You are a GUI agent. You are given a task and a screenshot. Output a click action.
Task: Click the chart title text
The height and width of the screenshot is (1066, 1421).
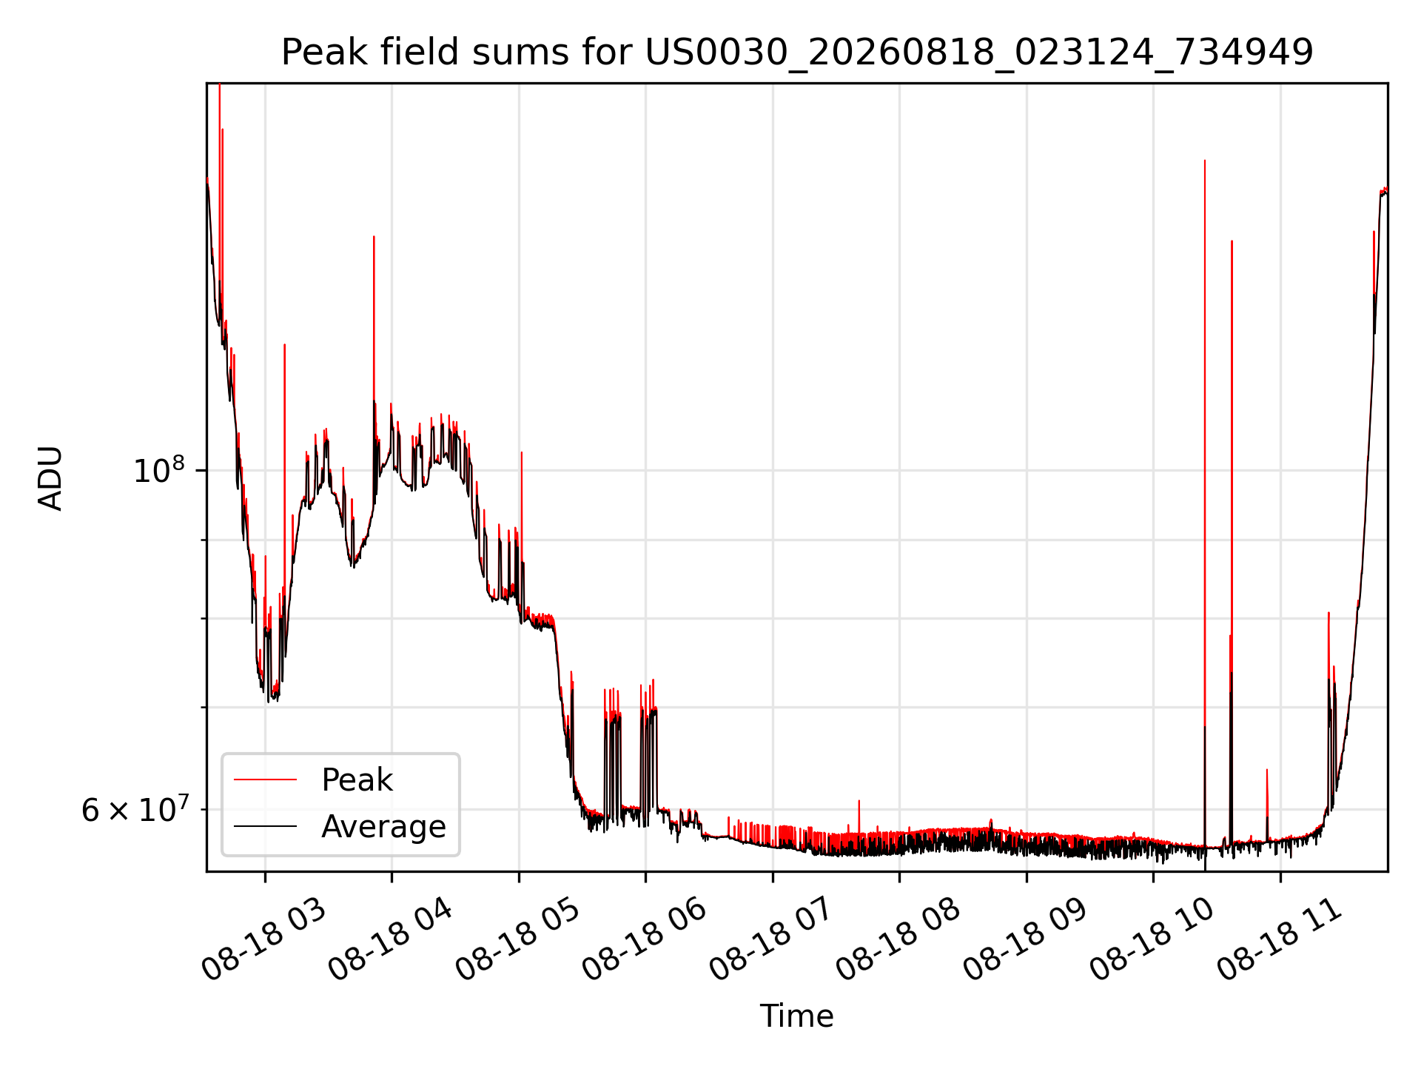click(797, 53)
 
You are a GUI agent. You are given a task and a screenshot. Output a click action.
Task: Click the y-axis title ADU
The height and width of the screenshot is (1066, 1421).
click(50, 477)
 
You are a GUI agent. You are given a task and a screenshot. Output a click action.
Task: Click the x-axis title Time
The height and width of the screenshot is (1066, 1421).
click(797, 1016)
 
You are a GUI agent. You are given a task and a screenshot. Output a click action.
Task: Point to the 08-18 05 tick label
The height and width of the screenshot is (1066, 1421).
click(517, 939)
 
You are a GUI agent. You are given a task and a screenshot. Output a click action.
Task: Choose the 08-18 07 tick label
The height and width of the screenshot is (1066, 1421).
click(770, 939)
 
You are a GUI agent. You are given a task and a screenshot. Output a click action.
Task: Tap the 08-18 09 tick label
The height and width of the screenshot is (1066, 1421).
click(1024, 939)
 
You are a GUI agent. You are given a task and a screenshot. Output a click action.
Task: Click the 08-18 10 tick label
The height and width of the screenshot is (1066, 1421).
click(1151, 939)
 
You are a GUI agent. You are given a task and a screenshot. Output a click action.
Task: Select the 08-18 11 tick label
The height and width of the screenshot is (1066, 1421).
click(1278, 939)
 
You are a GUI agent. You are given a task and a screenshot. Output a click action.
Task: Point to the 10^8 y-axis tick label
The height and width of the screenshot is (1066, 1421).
click(158, 471)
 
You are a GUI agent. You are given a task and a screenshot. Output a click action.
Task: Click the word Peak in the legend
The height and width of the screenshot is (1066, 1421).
click(357, 780)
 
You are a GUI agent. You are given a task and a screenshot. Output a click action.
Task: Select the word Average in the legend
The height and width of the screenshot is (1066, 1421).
click(383, 827)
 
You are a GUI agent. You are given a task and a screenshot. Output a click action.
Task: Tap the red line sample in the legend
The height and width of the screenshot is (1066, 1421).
click(265, 780)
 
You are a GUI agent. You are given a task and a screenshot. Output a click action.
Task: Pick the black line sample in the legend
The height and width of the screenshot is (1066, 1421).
click(265, 826)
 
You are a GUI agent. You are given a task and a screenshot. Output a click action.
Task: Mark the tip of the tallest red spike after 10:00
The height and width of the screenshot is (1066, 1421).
click(1205, 160)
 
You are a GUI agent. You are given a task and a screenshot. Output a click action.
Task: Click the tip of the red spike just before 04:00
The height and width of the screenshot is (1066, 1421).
click(374, 236)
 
